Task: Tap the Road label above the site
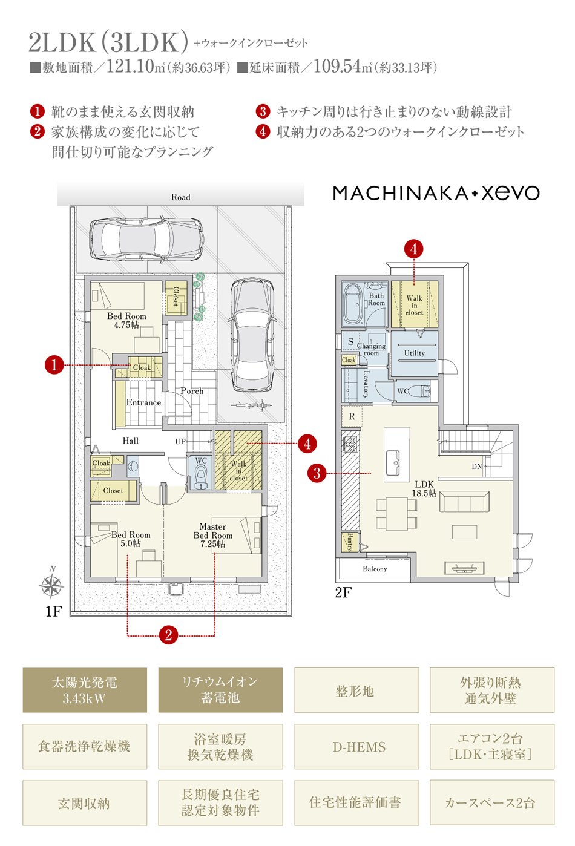[x=180, y=197]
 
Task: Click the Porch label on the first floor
[x=192, y=391]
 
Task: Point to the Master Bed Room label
[x=212, y=531]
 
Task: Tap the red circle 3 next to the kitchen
[x=317, y=473]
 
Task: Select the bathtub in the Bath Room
[x=353, y=304]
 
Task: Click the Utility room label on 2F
[x=415, y=353]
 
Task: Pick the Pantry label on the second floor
[x=350, y=542]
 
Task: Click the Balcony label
[x=375, y=569]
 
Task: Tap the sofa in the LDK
[x=464, y=502]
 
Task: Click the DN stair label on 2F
[x=477, y=467]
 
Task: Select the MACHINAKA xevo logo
[x=436, y=193]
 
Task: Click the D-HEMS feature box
[x=356, y=746]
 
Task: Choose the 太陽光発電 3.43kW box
[x=85, y=690]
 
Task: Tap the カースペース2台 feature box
[x=492, y=802]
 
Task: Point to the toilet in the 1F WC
[x=200, y=474]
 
